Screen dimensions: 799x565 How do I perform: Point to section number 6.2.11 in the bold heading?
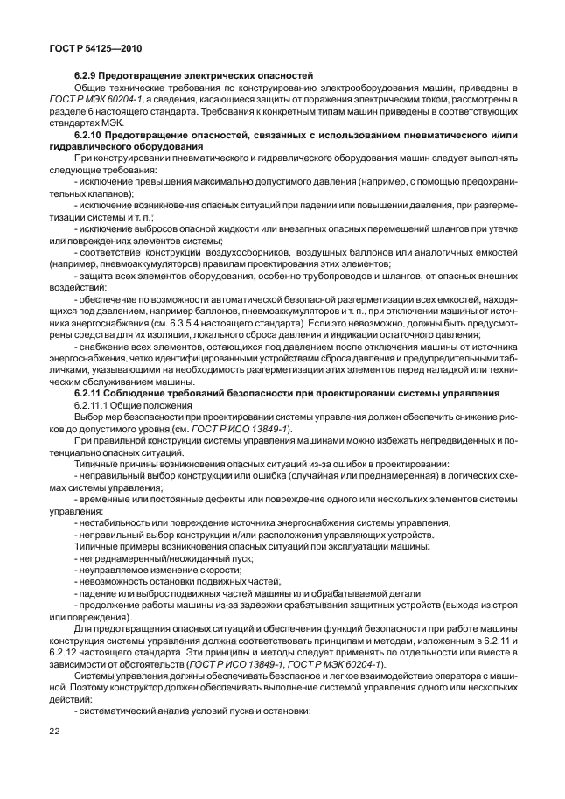90,395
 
